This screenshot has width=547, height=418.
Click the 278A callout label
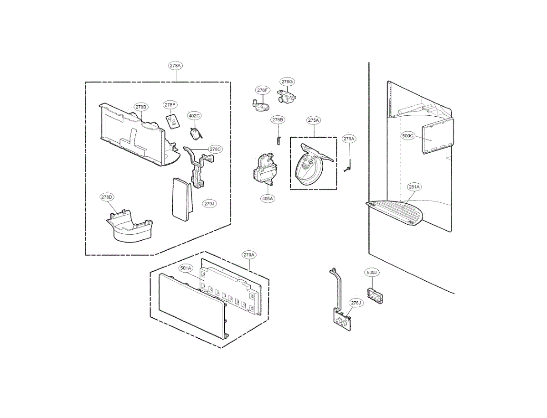point(175,66)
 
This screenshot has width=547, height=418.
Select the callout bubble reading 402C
point(194,116)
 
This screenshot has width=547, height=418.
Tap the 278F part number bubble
point(170,105)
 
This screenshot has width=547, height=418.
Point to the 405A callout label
point(268,198)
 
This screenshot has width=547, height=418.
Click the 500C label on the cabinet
point(408,135)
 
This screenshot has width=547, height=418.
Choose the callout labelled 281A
point(414,186)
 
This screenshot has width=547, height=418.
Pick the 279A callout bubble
point(249,255)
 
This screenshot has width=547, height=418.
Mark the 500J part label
point(372,273)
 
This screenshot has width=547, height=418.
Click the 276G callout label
point(287,82)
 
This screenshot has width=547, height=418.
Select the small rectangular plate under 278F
point(172,121)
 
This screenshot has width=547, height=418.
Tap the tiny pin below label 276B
point(278,139)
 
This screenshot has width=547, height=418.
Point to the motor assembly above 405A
point(265,170)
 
